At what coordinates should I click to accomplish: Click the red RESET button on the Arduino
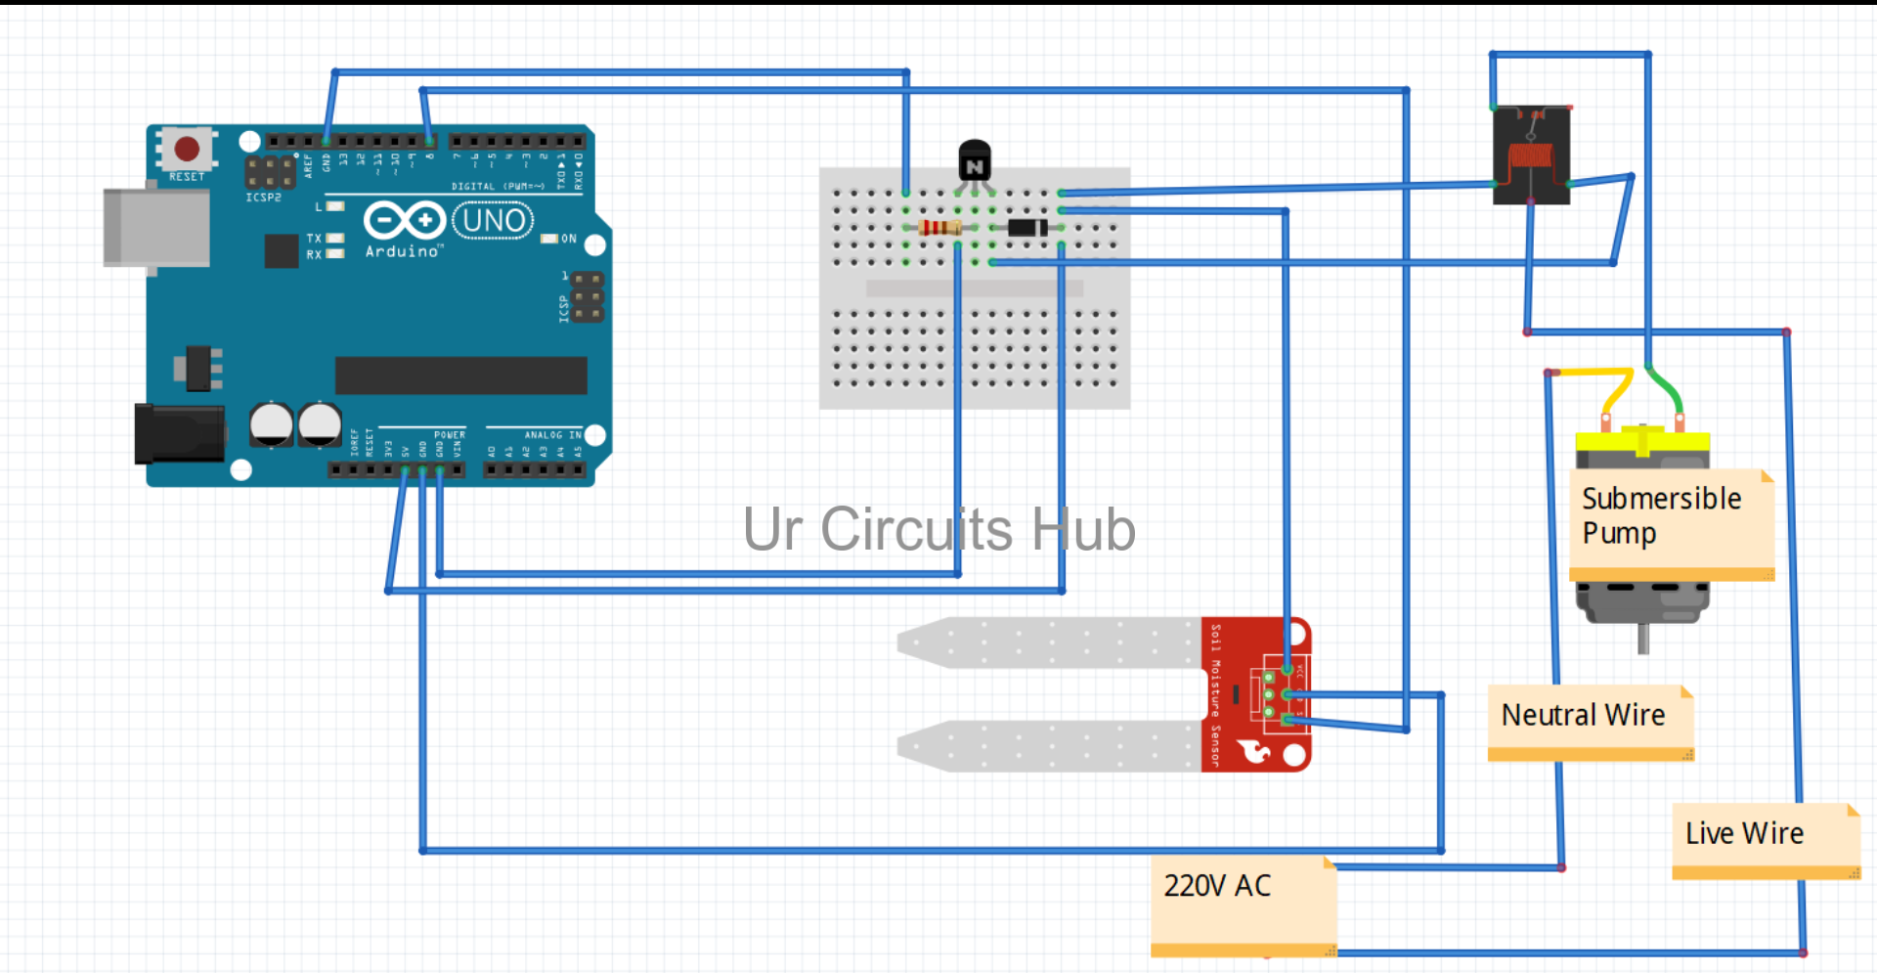(x=186, y=149)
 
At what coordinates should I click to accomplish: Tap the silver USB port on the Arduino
(x=156, y=228)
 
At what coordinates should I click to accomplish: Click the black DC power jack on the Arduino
(x=180, y=434)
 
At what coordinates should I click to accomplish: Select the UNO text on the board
(x=494, y=221)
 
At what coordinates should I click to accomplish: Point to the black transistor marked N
(x=974, y=162)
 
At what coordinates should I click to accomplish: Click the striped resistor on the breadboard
(x=939, y=228)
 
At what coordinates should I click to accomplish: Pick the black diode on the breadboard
(x=1026, y=228)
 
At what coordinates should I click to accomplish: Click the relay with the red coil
(x=1531, y=155)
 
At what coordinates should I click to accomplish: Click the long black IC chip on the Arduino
(x=460, y=376)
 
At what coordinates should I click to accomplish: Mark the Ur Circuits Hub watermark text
(x=938, y=530)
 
